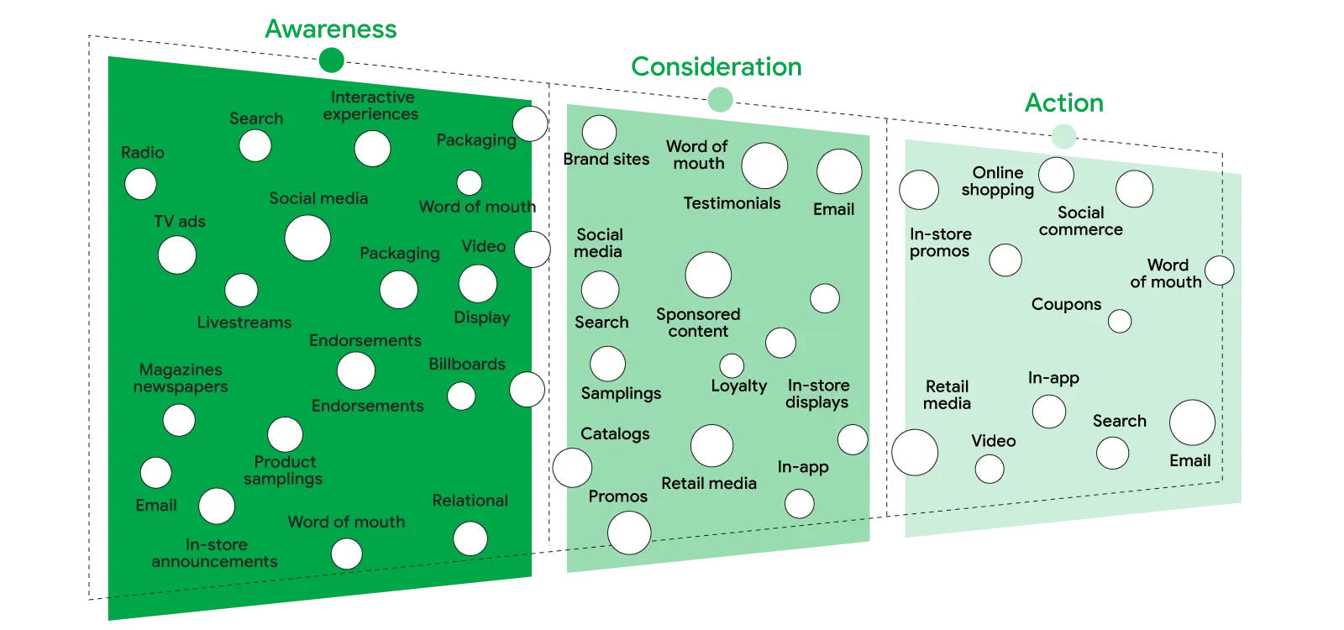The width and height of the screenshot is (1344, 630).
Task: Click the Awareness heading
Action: coord(329,29)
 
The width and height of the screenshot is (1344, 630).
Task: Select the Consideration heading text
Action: coord(717,67)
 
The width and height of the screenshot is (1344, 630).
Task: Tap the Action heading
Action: coord(1064,103)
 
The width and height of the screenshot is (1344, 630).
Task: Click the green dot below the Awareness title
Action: coord(331,60)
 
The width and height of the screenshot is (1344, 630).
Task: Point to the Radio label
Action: coord(143,153)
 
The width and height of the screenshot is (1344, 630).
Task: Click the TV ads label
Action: coord(180,222)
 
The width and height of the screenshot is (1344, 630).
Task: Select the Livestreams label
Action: coord(244,323)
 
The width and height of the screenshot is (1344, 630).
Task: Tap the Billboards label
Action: coord(467,365)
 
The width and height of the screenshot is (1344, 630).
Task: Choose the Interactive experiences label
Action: coord(371,106)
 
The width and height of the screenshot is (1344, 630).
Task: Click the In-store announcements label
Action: coord(215,554)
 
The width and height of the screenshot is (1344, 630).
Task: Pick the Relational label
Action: coord(470,501)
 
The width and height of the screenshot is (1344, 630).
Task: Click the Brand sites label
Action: coord(606,160)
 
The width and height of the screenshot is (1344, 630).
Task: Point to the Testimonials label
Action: coord(732,203)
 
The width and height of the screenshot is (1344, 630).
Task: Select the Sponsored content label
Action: coord(698,323)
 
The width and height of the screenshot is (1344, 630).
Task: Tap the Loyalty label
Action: coord(739,386)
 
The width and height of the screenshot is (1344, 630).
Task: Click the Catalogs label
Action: coord(615,434)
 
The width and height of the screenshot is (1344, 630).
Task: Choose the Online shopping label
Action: coord(998,181)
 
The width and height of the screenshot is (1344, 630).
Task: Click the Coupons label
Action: coord(1066,305)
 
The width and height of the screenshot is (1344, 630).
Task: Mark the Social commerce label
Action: coord(1081,221)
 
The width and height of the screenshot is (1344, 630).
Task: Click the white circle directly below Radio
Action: coord(140,184)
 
